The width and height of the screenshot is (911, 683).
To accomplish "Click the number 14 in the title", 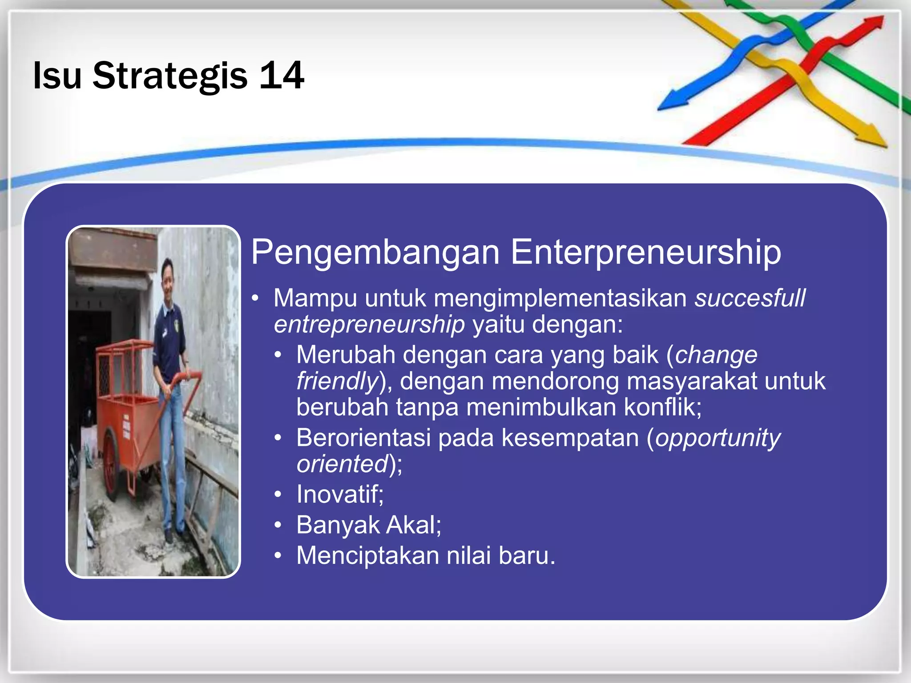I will (282, 76).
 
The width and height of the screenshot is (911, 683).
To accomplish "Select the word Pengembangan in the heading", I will (375, 253).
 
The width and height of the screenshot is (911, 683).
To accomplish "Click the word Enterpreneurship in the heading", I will (645, 253).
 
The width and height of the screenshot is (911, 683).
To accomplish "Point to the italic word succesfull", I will (750, 298).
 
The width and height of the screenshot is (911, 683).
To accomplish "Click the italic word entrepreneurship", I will (369, 324).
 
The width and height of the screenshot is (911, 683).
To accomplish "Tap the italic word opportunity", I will (718, 438).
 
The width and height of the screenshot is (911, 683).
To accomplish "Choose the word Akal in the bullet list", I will (413, 525).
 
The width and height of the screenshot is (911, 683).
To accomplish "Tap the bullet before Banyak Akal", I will (278, 526).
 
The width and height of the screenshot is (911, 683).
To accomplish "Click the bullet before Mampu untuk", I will (255, 298).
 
